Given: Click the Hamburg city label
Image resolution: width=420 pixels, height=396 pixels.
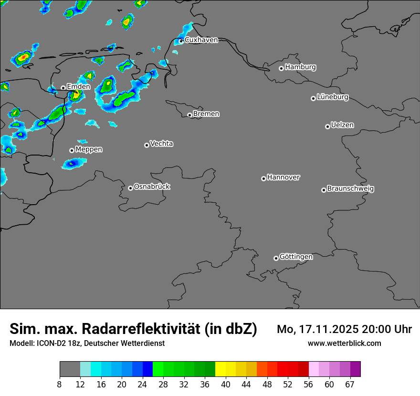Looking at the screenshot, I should (x=300, y=67).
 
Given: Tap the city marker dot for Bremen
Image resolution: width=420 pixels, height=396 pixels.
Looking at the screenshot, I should (x=189, y=115).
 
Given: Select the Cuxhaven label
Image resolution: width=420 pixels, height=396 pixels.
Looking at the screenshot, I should (x=201, y=40).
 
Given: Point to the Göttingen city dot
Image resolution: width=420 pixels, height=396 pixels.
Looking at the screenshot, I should (x=276, y=258).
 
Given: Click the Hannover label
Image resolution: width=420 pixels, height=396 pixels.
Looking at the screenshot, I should (x=283, y=177).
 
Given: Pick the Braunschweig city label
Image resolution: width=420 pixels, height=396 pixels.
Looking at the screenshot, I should (x=350, y=189).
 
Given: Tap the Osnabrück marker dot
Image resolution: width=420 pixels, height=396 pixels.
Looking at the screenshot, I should (x=130, y=188).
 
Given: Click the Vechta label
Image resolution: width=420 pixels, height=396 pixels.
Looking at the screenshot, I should (x=161, y=144).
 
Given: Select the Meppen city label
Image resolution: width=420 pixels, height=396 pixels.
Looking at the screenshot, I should (x=89, y=149).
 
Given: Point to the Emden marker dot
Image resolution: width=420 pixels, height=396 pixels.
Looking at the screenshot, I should (x=63, y=88).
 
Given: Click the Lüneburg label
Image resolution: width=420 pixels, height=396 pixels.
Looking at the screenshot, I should (x=333, y=97).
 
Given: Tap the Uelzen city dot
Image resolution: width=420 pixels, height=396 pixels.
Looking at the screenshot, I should (x=327, y=126).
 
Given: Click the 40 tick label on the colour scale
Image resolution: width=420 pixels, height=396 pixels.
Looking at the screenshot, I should (x=225, y=385).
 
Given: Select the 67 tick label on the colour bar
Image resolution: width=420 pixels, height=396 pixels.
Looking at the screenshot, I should (x=350, y=385).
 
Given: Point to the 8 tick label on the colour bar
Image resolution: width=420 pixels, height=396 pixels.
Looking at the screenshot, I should (x=59, y=385).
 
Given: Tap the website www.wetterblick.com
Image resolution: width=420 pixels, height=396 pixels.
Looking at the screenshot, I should (x=345, y=344).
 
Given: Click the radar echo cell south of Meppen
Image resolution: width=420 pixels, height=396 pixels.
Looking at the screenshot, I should (x=73, y=164).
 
